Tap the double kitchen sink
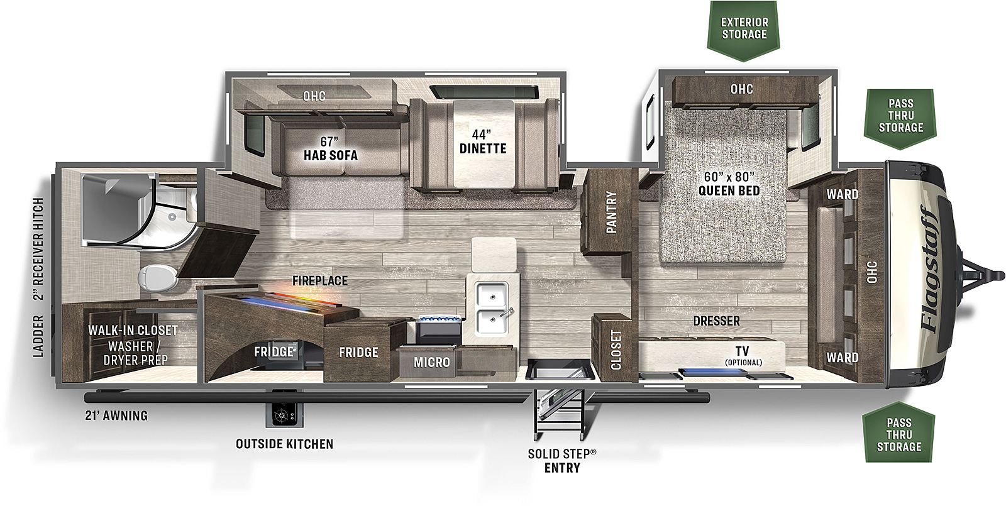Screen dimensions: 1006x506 pyautogui.click(x=493, y=309)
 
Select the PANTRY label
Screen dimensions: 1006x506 pyautogui.click(x=611, y=212)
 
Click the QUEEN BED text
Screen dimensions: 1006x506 pyautogui.click(x=729, y=190)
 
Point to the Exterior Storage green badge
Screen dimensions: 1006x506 pyautogui.click(x=744, y=31)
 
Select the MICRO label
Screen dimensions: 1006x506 pyautogui.click(x=431, y=362)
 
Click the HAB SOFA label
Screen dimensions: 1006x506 pyautogui.click(x=331, y=155)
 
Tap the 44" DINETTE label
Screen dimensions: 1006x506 pyautogui.click(x=483, y=141)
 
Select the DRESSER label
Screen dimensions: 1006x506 pyautogui.click(x=716, y=321)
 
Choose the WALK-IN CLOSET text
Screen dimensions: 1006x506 pyautogui.click(x=133, y=331)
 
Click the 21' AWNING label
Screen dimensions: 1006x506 pyautogui.click(x=116, y=415)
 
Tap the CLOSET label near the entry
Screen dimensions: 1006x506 pyautogui.click(x=616, y=350)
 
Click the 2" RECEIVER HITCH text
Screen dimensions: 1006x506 pyautogui.click(x=38, y=249)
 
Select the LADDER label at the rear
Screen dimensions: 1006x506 pyautogui.click(x=38, y=336)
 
